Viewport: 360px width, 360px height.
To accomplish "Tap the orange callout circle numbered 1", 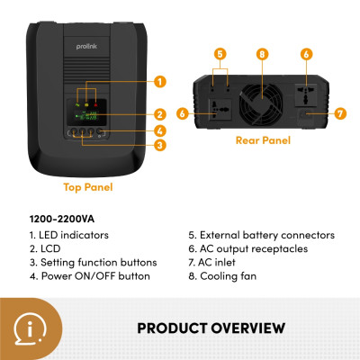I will point(159,82).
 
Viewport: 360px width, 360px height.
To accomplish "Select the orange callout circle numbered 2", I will point(159,114).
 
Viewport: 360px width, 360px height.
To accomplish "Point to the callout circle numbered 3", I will point(159,145).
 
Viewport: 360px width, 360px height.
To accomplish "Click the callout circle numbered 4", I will point(159,130).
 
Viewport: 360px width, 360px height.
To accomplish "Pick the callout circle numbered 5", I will point(220,54).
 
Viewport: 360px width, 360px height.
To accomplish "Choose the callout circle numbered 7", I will point(338,113).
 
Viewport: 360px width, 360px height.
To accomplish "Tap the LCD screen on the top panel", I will point(85,111).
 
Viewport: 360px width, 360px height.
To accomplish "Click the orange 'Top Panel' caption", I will point(86,188).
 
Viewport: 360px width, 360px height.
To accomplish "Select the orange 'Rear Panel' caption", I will point(262,140).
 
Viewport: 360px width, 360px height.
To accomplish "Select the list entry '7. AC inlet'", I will point(215,262).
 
